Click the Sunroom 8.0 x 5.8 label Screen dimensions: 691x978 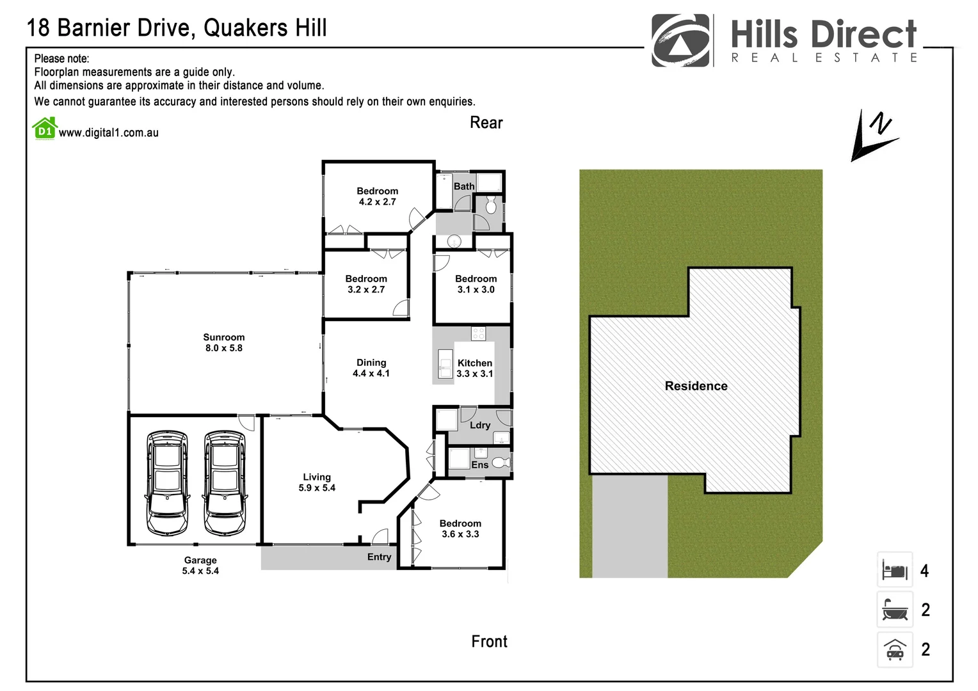click(223, 342)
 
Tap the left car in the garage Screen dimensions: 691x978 click(167, 482)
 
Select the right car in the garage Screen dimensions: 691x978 click(225, 482)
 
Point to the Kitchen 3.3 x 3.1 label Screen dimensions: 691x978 click(474, 368)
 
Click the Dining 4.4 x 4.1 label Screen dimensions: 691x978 click(371, 368)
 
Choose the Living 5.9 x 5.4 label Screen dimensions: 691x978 click(317, 482)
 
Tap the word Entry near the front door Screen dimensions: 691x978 click(379, 557)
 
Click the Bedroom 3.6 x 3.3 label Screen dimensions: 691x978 click(460, 528)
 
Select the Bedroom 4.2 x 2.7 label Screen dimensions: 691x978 click(377, 196)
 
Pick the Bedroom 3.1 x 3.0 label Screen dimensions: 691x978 click(476, 284)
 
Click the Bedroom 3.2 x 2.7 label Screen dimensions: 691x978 click(366, 284)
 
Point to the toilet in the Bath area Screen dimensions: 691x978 click(491, 205)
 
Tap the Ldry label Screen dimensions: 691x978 click(480, 425)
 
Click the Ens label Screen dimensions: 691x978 click(479, 465)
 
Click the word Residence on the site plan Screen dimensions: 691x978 click(696, 386)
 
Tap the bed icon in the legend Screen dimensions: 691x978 click(894, 569)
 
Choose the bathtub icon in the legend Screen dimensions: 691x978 click(894, 609)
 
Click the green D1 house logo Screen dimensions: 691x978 click(45, 129)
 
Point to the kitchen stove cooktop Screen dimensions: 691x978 click(478, 333)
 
